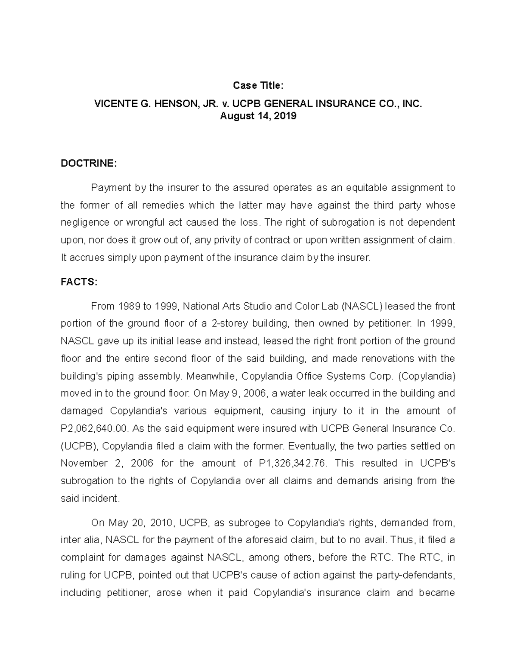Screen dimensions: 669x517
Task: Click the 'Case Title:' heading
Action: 258,86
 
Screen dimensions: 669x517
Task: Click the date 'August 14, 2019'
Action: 258,116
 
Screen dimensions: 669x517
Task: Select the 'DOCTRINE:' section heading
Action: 88,163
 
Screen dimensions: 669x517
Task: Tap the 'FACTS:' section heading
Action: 79,282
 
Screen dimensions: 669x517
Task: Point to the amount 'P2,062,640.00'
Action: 95,429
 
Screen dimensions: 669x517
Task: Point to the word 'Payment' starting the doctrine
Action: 111,188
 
